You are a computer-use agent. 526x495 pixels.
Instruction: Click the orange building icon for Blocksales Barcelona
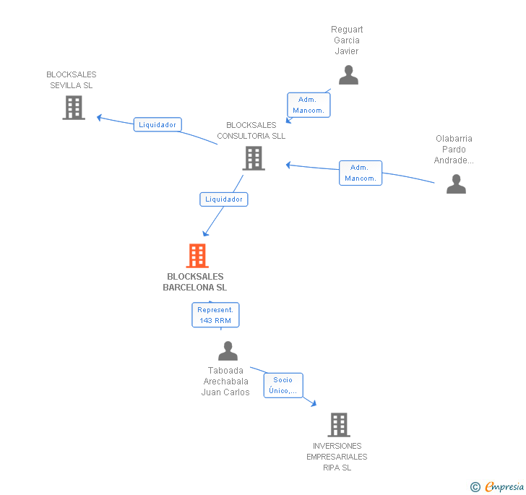(x=197, y=256)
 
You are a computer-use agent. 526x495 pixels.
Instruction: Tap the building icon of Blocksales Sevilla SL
(x=73, y=108)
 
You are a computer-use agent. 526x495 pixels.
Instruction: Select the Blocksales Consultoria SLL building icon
(x=253, y=158)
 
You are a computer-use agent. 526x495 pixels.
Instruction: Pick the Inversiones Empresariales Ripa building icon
(x=338, y=425)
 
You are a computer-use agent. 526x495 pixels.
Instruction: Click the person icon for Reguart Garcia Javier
(x=348, y=74)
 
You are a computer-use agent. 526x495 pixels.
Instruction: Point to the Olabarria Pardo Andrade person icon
(x=456, y=184)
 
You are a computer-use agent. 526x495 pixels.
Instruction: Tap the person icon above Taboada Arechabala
(x=228, y=351)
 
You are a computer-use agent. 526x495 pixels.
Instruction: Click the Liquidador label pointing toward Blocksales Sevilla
(x=158, y=124)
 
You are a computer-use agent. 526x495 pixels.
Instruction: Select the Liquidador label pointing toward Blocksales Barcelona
(x=224, y=199)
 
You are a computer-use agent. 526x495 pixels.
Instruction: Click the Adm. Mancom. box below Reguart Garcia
(x=309, y=105)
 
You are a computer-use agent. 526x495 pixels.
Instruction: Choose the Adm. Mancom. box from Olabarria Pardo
(x=361, y=173)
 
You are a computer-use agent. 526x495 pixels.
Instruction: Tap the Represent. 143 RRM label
(x=215, y=314)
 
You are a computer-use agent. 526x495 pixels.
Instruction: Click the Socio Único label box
(x=283, y=385)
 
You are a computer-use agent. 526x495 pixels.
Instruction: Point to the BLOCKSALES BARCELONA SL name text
(x=195, y=282)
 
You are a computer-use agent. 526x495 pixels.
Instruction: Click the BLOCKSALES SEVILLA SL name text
(x=72, y=79)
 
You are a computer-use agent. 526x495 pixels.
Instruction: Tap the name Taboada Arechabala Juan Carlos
(x=225, y=382)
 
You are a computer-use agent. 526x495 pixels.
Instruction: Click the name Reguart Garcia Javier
(x=347, y=40)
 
